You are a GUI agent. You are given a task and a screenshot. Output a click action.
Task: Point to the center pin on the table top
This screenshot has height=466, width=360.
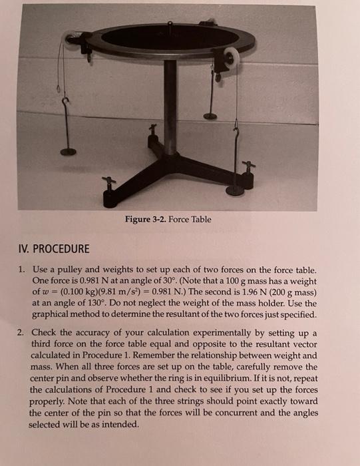click(x=171, y=27)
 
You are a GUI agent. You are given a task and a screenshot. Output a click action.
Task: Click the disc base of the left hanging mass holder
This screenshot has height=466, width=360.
click(x=68, y=151)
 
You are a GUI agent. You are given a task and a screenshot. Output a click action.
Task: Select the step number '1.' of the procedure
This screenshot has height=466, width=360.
click(x=22, y=270)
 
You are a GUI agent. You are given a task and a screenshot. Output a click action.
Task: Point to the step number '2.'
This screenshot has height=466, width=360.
click(x=22, y=333)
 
